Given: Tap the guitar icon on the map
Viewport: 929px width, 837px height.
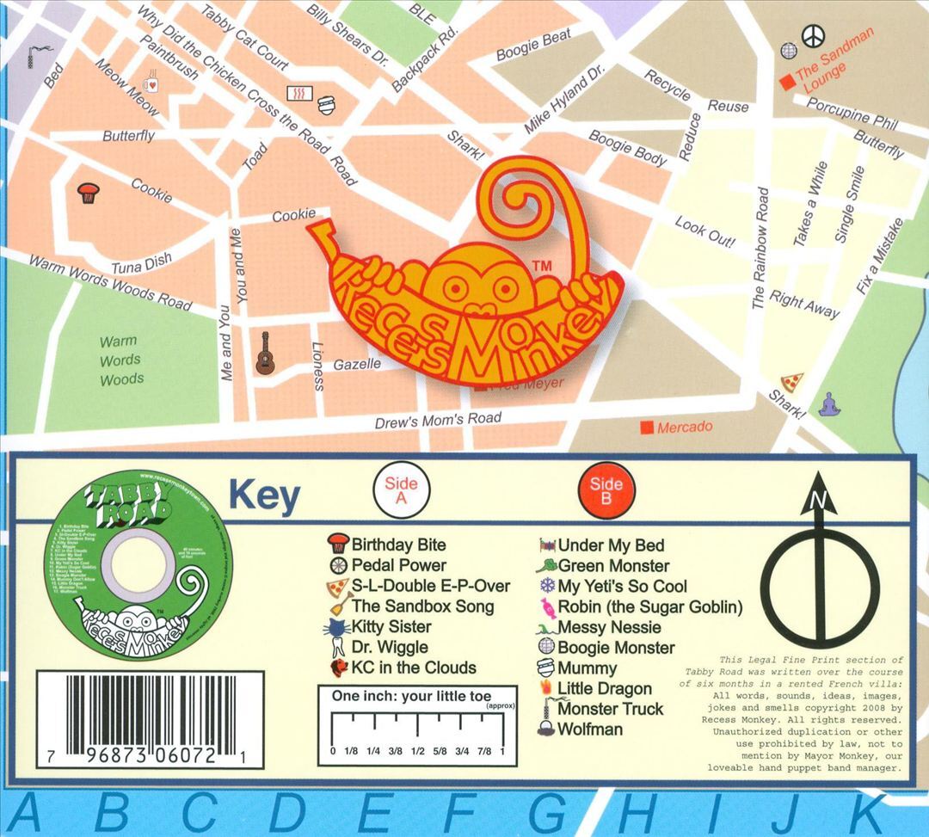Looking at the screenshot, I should point(264,354).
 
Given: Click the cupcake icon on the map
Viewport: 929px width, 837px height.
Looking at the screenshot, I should point(86,192).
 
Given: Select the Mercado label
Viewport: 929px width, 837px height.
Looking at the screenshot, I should point(684,427).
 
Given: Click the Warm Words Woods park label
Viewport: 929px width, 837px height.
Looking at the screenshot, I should point(121,360).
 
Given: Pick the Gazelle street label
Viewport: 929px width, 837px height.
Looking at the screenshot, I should point(357,365).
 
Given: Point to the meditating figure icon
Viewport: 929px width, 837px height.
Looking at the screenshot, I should point(828,403).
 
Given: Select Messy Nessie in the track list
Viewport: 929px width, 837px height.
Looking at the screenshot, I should point(609,627).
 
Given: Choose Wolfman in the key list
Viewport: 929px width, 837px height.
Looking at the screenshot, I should point(590,729).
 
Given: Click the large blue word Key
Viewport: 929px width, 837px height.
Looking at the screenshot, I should point(263,497).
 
